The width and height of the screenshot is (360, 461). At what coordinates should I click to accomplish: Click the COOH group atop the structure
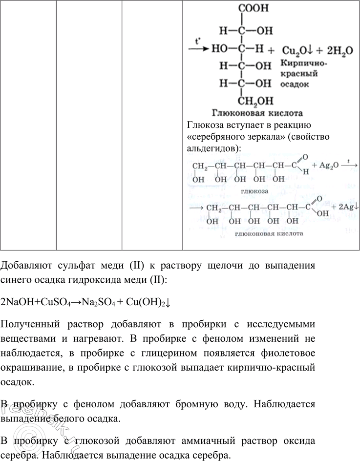tap(253, 8)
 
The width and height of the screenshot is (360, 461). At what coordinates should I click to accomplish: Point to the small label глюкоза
tap(258, 191)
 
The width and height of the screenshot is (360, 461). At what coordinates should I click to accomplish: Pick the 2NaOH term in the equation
tap(15, 302)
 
